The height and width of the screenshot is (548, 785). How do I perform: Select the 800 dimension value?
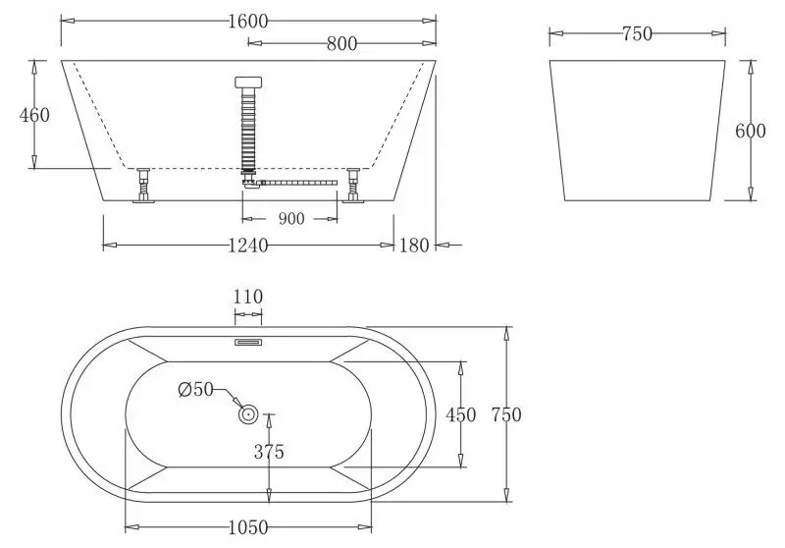point(340,43)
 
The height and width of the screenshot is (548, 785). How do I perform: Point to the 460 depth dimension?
point(35,115)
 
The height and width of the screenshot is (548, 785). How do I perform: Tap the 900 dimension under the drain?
point(290,218)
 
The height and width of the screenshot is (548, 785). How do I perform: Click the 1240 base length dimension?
point(247,246)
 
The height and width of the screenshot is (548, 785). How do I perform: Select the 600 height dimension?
point(751,132)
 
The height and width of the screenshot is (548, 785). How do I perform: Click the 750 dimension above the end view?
point(637,34)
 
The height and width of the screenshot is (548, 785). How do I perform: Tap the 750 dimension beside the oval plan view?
point(506,414)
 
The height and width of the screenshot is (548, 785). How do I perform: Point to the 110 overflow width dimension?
point(247,297)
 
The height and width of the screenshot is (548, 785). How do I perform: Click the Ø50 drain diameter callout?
point(196,389)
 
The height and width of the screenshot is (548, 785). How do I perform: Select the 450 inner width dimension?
point(461,414)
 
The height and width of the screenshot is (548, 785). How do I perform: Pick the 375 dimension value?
point(269,452)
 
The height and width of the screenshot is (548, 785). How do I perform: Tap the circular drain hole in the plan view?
point(248,415)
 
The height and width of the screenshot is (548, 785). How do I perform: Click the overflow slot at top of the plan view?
point(247,342)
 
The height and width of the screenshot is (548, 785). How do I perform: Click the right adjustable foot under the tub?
point(352,187)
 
